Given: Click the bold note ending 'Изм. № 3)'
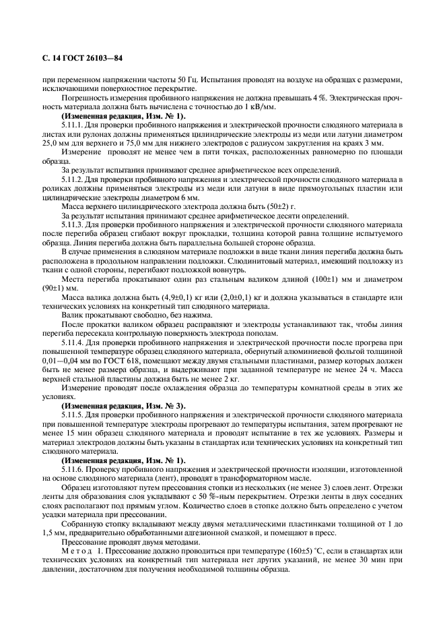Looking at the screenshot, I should [123, 407].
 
